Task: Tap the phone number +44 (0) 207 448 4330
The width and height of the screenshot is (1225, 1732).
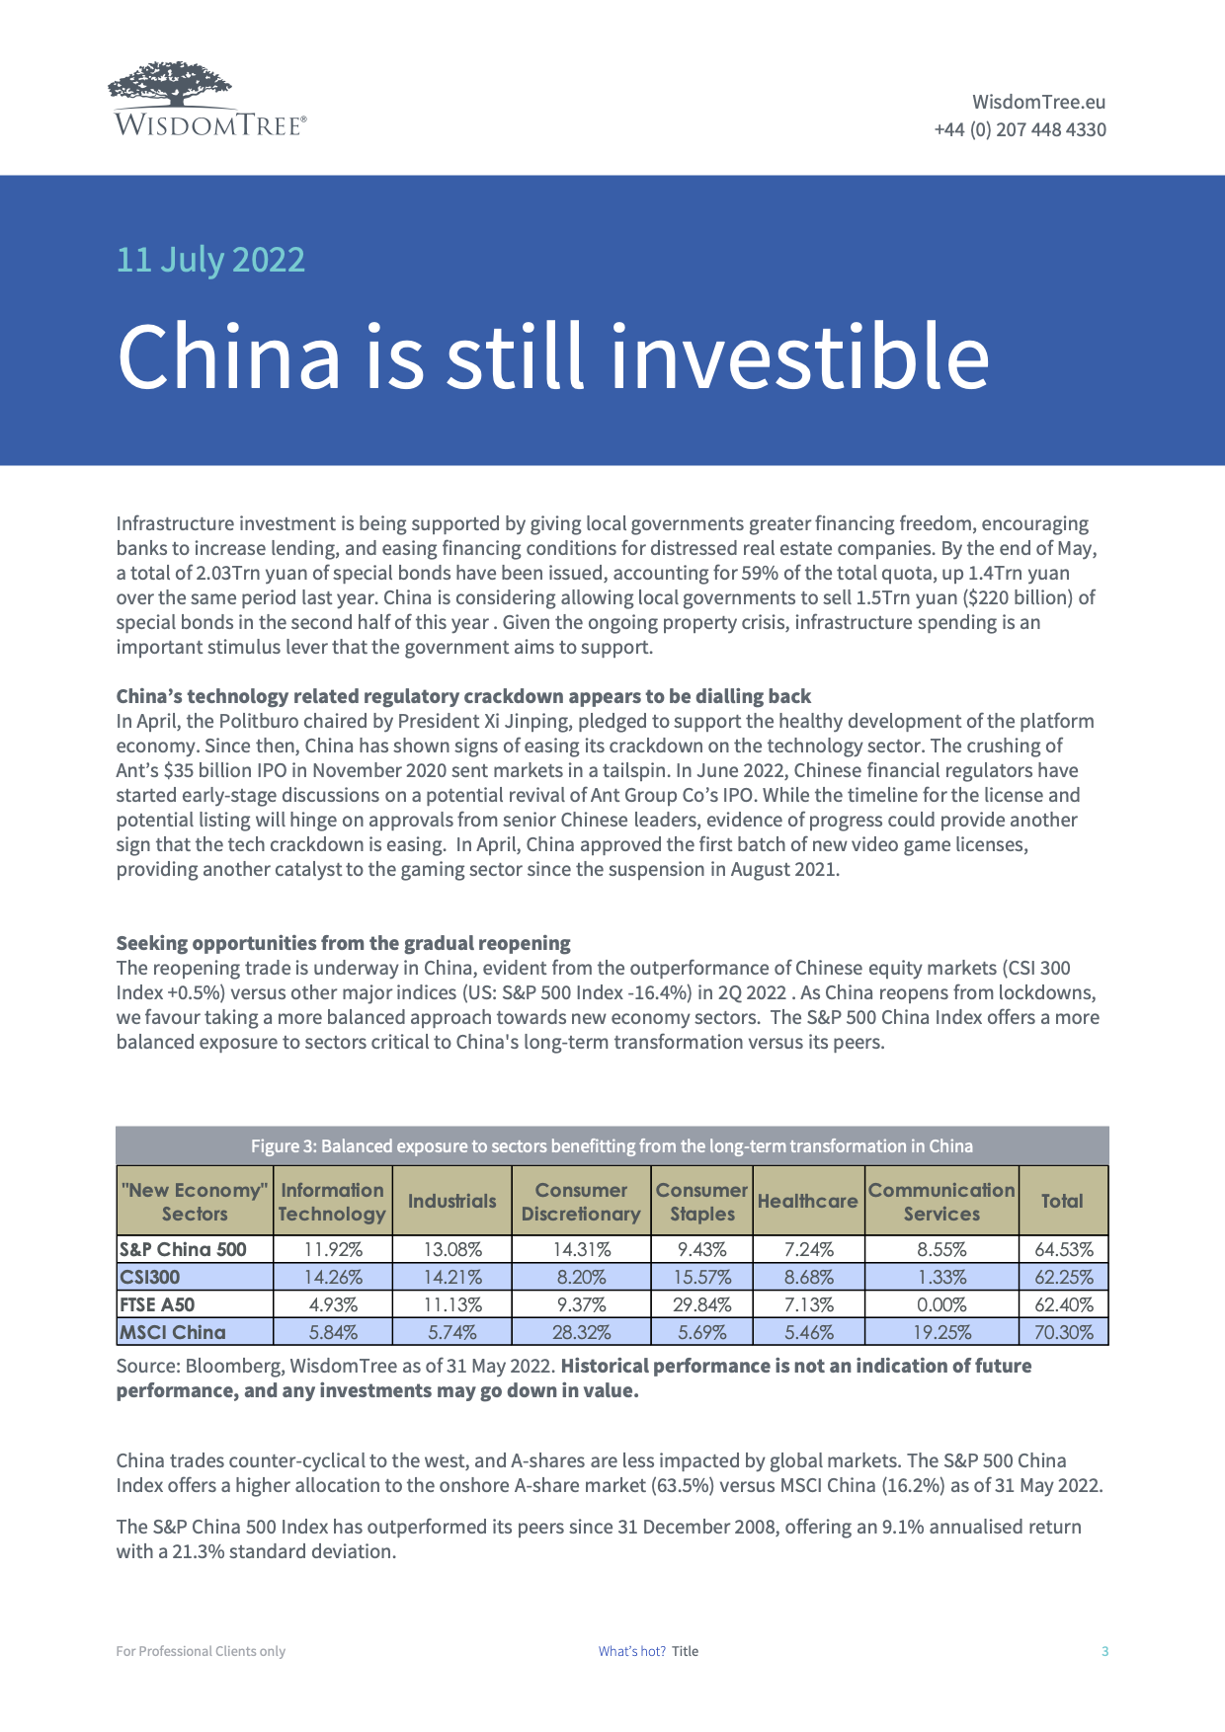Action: [x=1020, y=129]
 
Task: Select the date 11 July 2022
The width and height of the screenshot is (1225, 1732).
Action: [x=210, y=260]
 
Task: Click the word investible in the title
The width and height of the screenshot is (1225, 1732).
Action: [x=799, y=356]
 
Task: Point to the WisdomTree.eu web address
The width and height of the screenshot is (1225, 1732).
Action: [x=1038, y=102]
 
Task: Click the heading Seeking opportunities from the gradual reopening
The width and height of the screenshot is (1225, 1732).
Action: [x=343, y=943]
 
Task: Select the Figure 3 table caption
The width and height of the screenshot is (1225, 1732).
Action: [x=612, y=1145]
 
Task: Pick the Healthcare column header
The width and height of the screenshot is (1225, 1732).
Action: [x=807, y=1202]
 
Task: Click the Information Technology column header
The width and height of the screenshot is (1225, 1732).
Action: [x=332, y=1202]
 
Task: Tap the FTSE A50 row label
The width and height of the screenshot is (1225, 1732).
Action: [x=157, y=1304]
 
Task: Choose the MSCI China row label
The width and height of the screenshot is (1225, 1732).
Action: [x=173, y=1332]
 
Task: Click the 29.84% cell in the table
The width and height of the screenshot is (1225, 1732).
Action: [x=701, y=1304]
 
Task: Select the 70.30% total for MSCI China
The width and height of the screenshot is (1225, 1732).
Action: [x=1063, y=1332]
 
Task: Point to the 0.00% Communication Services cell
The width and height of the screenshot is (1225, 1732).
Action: [x=941, y=1304]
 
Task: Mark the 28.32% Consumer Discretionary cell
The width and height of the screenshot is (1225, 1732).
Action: [x=581, y=1332]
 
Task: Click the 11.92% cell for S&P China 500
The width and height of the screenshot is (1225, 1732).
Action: [x=333, y=1249]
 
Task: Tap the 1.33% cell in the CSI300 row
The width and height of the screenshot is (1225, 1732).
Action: [x=941, y=1277]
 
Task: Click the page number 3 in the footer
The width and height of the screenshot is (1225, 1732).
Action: [x=1105, y=1651]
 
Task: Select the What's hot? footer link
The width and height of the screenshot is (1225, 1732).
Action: [x=631, y=1651]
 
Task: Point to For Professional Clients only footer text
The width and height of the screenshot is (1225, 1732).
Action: [x=201, y=1651]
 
